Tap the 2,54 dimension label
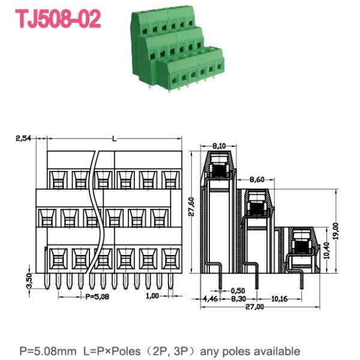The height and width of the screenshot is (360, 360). [24, 139]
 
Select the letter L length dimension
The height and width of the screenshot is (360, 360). [114, 139]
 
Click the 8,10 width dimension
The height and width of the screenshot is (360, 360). [218, 146]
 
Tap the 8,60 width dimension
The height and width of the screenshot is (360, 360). [256, 179]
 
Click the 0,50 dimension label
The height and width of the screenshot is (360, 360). [238, 290]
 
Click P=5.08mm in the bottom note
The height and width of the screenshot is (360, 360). [46, 350]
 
